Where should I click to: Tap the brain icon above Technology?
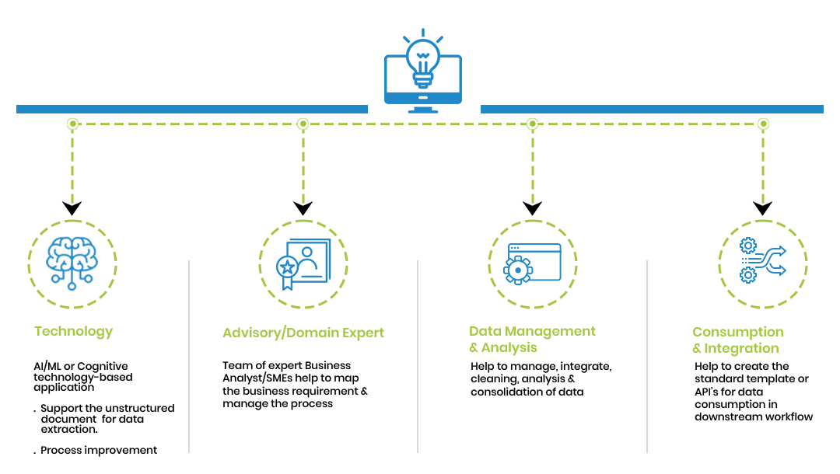(x=72, y=262)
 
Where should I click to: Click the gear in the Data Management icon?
(x=518, y=270)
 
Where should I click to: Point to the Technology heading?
(x=74, y=332)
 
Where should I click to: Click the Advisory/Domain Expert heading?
(x=303, y=333)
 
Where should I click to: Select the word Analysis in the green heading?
(x=509, y=348)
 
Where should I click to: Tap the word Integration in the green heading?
(x=741, y=348)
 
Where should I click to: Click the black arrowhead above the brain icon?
(x=72, y=208)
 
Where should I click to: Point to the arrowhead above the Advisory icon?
(x=303, y=208)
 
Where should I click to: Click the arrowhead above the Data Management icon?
(x=533, y=208)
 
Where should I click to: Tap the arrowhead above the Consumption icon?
(x=763, y=208)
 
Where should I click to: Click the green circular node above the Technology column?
(x=72, y=124)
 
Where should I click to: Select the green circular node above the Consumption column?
(x=764, y=124)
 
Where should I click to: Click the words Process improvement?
(x=99, y=451)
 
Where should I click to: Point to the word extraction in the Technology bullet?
(x=69, y=430)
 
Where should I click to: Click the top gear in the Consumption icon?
(x=748, y=246)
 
